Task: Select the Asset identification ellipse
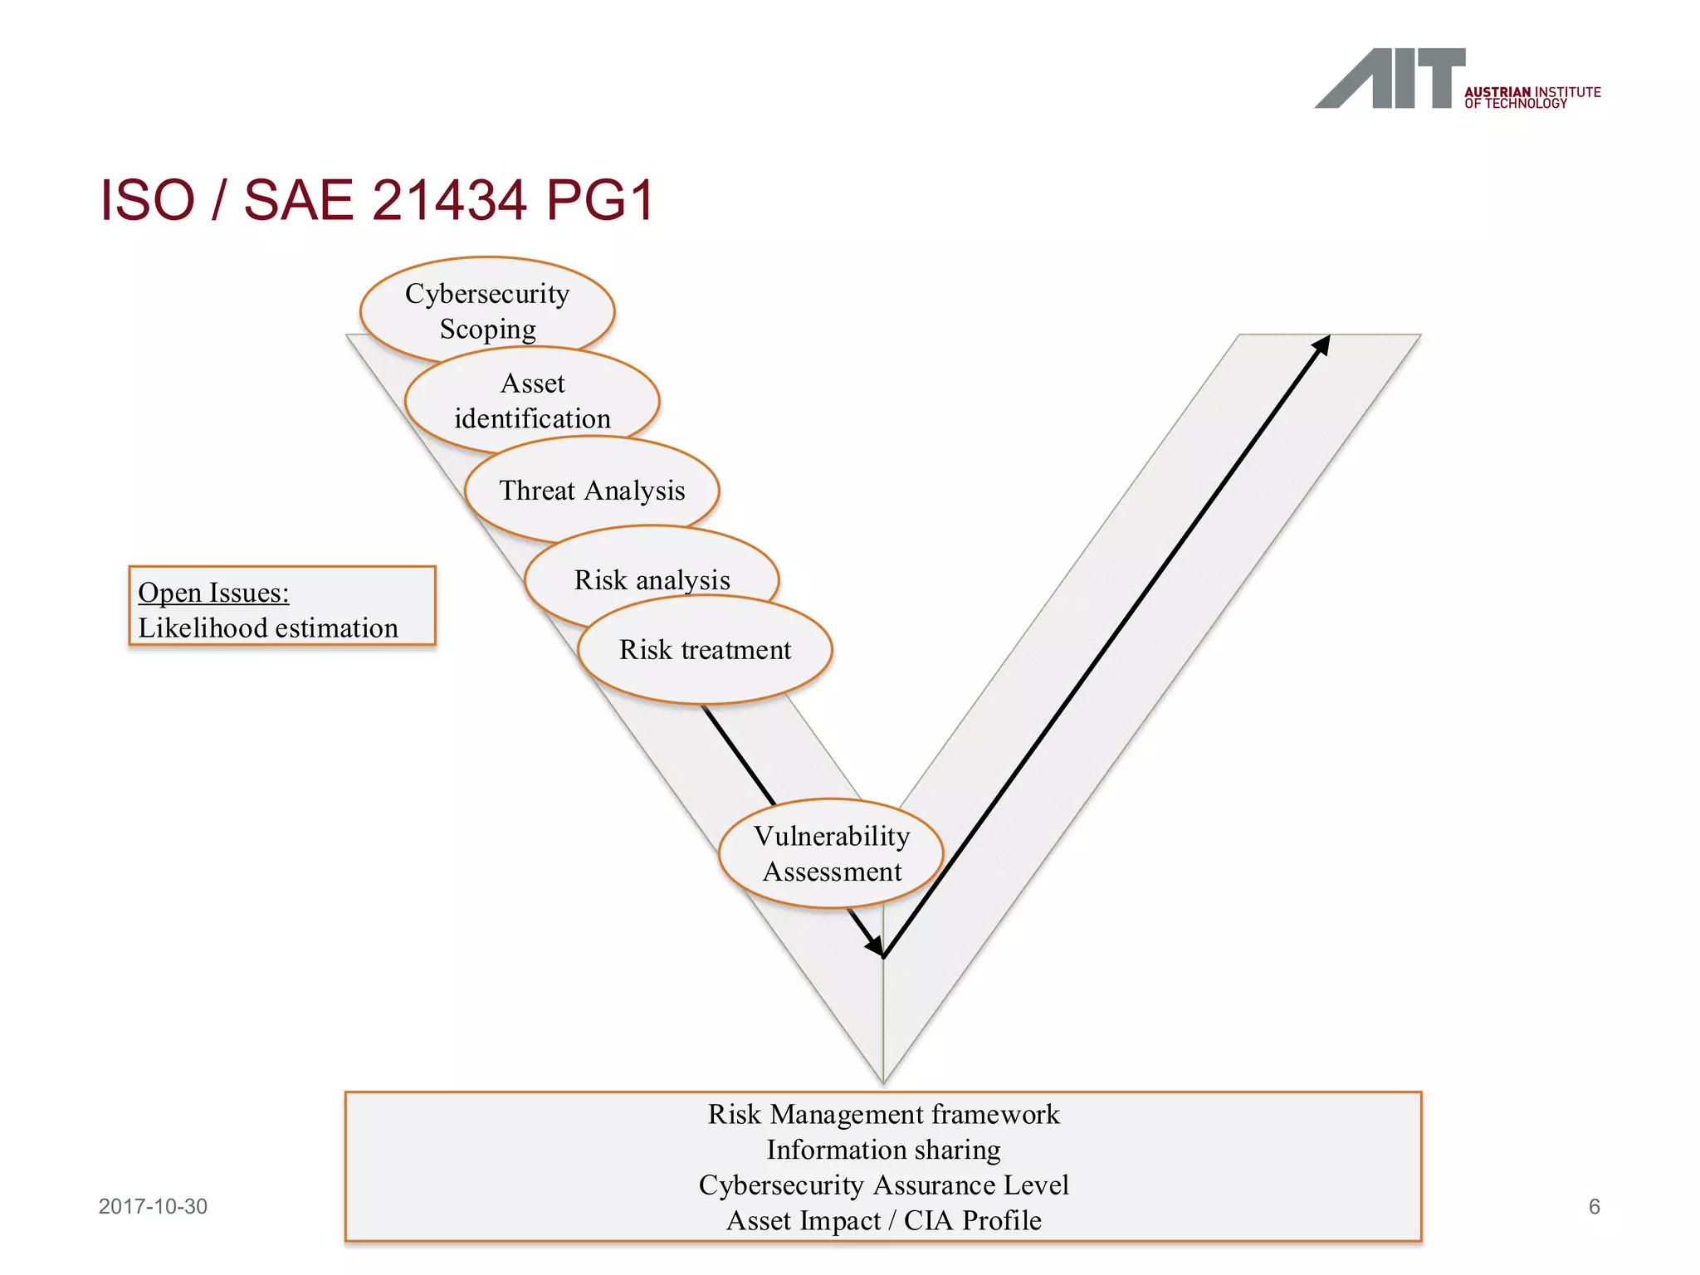pos(532,400)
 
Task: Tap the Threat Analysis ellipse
pos(592,490)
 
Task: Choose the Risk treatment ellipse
pos(705,649)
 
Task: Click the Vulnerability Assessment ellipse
pos(831,853)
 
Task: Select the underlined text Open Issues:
pos(213,593)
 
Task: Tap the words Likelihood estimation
pos(268,628)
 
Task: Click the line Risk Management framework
pos(883,1114)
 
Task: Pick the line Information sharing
pos(883,1150)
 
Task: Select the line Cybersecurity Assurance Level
pos(883,1185)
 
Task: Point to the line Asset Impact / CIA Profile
pos(883,1221)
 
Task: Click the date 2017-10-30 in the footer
pos(153,1207)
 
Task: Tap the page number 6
pos(1594,1207)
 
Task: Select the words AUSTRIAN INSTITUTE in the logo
pos(1532,92)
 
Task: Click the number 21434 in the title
pos(449,200)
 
